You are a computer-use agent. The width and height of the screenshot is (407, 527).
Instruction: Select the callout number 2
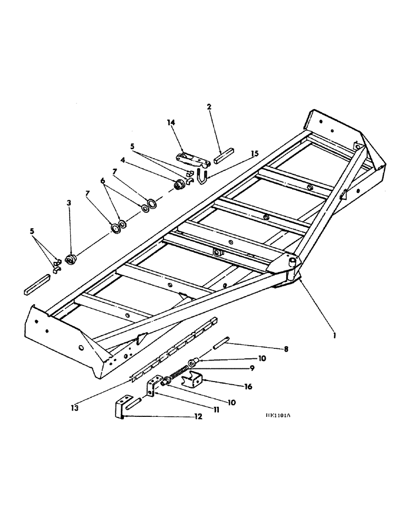(x=209, y=106)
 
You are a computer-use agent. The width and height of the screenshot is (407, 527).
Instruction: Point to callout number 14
(x=171, y=122)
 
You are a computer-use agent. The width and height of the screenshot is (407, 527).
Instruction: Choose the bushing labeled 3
(x=70, y=259)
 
